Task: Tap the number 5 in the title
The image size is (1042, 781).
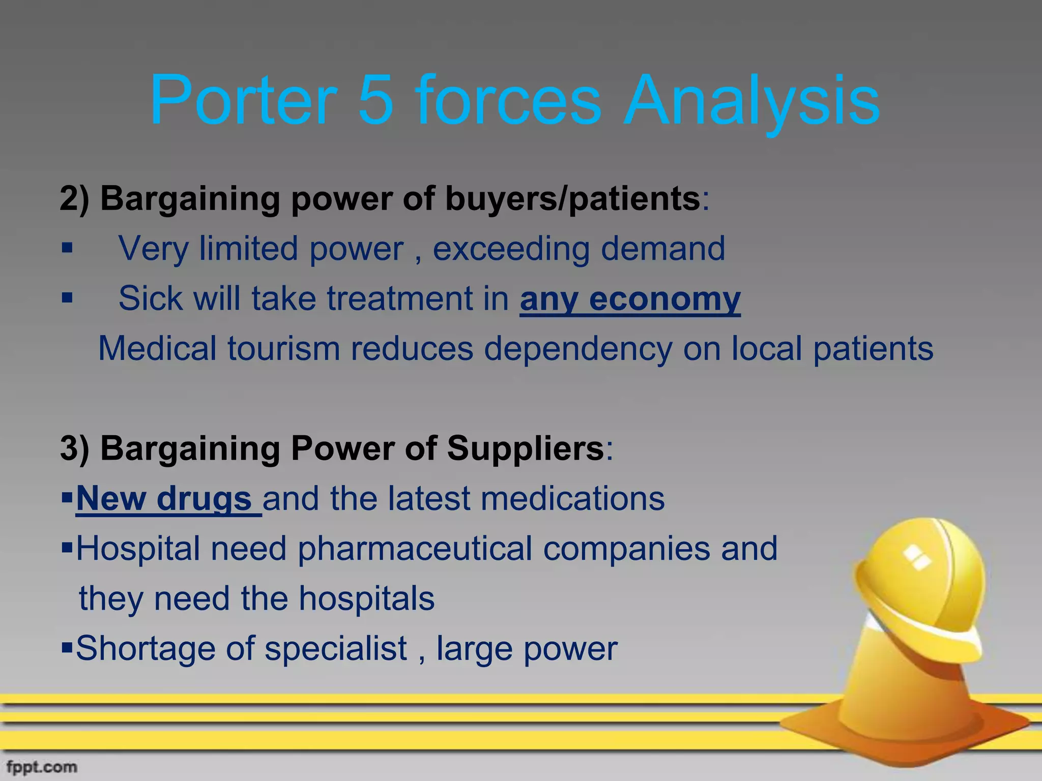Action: (x=377, y=100)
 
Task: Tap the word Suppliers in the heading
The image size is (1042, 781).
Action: (x=525, y=449)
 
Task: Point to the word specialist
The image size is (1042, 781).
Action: (x=336, y=649)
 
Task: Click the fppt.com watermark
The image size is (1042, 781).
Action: (x=42, y=767)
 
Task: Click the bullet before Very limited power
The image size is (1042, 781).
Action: (x=67, y=249)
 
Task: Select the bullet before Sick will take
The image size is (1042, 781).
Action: (x=67, y=298)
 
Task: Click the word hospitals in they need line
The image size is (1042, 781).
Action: (x=366, y=599)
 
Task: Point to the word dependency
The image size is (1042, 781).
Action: (x=577, y=349)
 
